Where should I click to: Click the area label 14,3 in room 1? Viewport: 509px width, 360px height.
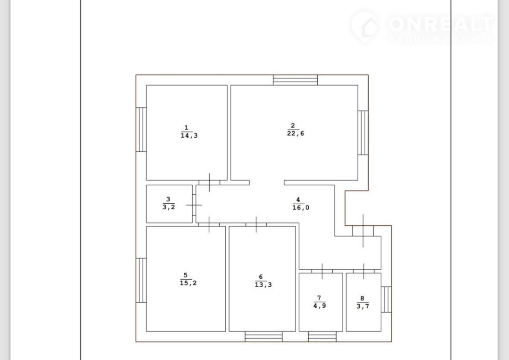point(189,136)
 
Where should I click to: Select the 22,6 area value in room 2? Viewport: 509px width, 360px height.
point(296,133)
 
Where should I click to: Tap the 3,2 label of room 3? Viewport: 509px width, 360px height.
point(169,207)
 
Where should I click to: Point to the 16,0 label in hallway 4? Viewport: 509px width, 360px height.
point(301,208)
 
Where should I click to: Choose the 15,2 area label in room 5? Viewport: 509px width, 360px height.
point(188,283)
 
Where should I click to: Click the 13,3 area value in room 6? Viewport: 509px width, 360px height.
point(263,285)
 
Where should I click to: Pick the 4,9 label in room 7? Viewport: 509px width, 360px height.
point(320,306)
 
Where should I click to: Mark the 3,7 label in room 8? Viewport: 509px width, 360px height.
point(363,306)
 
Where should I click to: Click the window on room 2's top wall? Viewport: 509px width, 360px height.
point(295,80)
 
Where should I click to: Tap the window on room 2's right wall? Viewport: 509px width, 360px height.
point(363,133)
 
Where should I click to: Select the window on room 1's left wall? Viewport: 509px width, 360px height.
point(141,129)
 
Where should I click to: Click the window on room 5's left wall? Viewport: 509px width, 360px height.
point(141,280)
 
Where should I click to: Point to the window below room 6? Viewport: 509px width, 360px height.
point(264,337)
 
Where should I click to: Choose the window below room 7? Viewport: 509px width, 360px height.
point(322,337)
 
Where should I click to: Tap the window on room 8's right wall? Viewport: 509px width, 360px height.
point(386,299)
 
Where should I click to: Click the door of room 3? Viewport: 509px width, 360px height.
point(194,205)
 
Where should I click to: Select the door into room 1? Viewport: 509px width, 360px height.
point(209,183)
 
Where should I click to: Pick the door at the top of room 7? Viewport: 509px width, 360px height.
point(322,272)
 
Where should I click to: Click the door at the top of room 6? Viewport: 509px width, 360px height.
point(256,224)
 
